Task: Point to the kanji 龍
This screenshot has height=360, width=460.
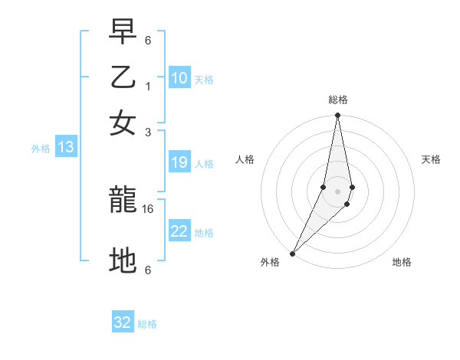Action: [123, 201]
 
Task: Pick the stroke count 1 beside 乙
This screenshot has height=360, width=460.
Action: [148, 86]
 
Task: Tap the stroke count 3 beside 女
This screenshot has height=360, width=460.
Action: [148, 132]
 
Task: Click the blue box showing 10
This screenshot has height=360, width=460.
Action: [179, 78]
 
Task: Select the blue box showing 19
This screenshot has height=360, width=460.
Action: [179, 162]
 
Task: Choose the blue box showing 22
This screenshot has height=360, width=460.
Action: [179, 231]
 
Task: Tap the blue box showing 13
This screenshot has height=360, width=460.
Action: [65, 148]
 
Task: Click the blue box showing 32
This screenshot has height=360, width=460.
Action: [123, 322]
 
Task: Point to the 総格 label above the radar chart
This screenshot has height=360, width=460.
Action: [337, 100]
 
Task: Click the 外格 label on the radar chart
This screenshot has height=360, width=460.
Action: [270, 262]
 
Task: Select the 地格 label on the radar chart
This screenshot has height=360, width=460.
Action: [402, 262]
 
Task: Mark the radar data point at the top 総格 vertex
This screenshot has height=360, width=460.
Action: [337, 116]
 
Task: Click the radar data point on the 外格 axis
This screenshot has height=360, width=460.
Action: [293, 253]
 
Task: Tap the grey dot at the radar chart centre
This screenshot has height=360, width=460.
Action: [337, 191]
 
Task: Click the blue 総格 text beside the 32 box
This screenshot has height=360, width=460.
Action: [147, 324]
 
